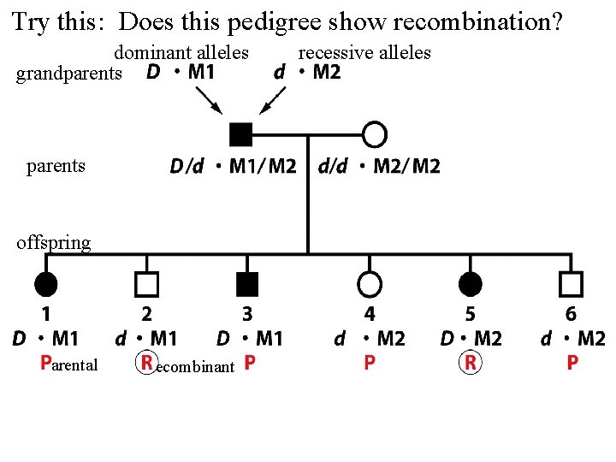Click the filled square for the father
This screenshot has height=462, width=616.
(x=241, y=134)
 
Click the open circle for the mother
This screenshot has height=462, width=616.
(x=375, y=134)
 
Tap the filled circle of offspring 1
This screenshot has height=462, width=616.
(x=46, y=281)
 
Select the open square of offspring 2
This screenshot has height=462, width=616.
(x=147, y=281)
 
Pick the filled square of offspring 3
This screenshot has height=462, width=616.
(x=247, y=281)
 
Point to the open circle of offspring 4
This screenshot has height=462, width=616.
(x=369, y=281)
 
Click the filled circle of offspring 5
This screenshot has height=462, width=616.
(x=470, y=281)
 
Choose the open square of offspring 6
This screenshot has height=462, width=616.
(x=571, y=281)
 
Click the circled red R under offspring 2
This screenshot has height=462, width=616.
(x=147, y=364)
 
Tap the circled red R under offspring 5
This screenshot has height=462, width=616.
(x=470, y=364)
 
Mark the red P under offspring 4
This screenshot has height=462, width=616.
(x=369, y=364)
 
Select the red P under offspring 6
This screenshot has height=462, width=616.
(x=571, y=364)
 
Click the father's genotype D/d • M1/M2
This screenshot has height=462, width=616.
(x=232, y=166)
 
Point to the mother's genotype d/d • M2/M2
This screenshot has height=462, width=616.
(x=379, y=166)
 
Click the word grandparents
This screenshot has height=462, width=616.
(x=69, y=74)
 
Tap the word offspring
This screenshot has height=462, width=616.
(x=53, y=243)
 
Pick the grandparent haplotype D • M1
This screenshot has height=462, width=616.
(x=181, y=73)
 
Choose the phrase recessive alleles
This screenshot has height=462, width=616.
(x=364, y=53)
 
